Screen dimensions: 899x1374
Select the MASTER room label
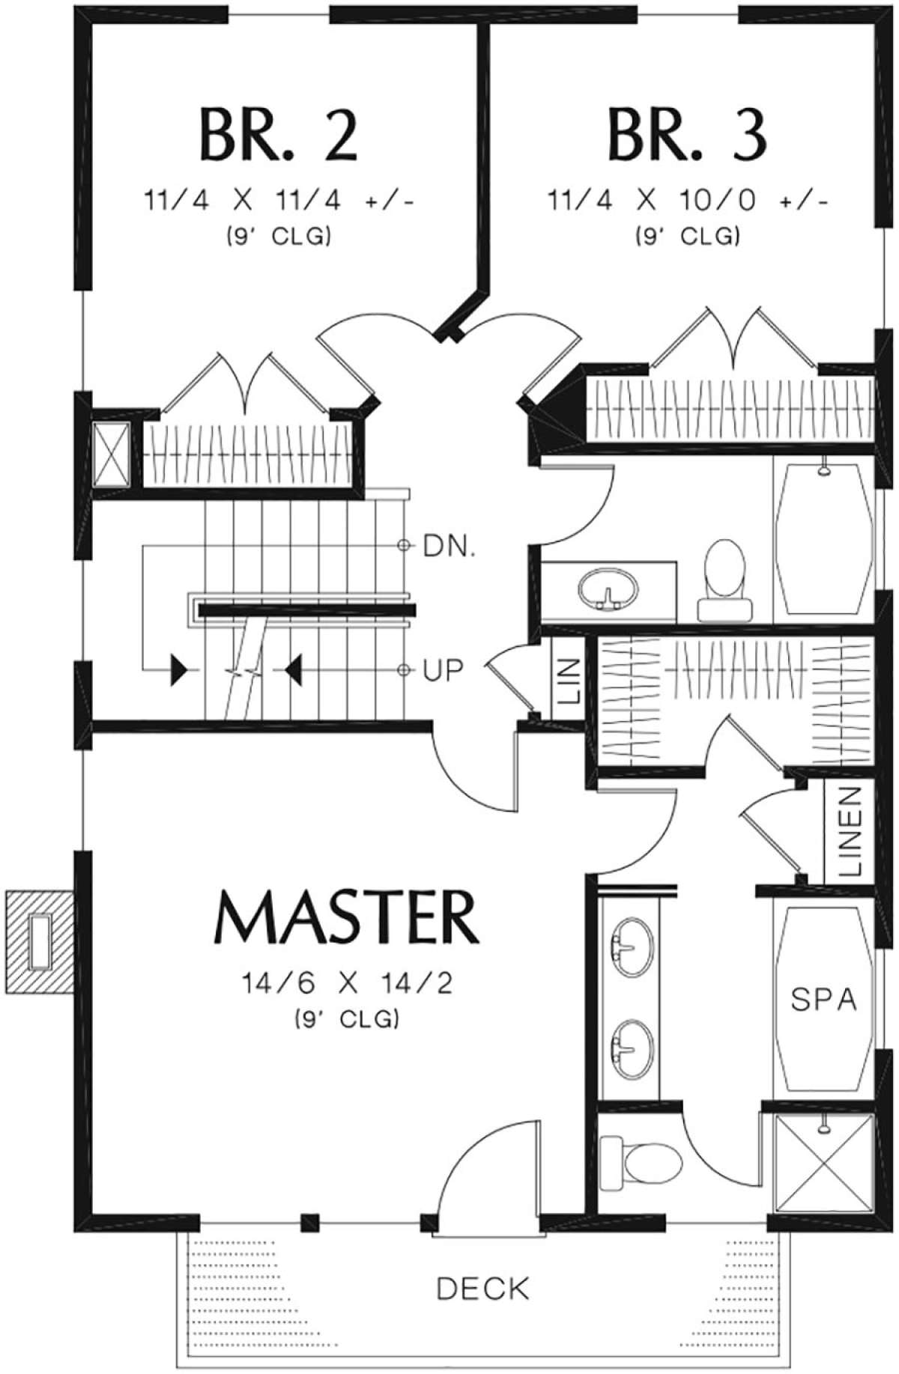[347, 918]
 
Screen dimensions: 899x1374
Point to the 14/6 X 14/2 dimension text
[347, 982]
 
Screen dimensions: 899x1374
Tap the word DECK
[483, 1289]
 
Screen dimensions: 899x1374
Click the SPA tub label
[824, 999]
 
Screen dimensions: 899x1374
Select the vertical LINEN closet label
[850, 832]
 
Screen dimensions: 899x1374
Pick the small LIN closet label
[569, 681]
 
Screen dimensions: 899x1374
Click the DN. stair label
[449, 547]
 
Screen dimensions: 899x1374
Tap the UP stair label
[443, 670]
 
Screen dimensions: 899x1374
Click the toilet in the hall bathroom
[724, 580]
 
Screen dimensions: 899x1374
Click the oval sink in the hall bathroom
[608, 587]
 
